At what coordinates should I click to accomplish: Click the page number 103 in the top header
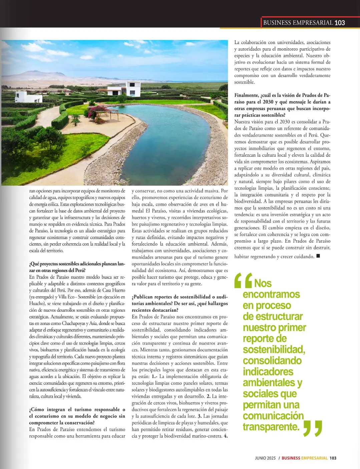coord(340,23)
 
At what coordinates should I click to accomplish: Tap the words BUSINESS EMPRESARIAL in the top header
coord(298,23)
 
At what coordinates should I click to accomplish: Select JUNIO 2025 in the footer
coord(265,458)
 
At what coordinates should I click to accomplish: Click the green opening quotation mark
coord(243,280)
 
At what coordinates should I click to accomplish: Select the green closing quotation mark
coord(313,428)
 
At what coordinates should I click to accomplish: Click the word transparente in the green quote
coord(271,427)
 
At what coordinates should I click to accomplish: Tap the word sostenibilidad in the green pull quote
coord(274,349)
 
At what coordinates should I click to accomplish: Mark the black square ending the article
coord(318,256)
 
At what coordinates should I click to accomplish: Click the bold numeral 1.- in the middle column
coord(154,376)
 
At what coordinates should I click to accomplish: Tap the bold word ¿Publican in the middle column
coord(143,297)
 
